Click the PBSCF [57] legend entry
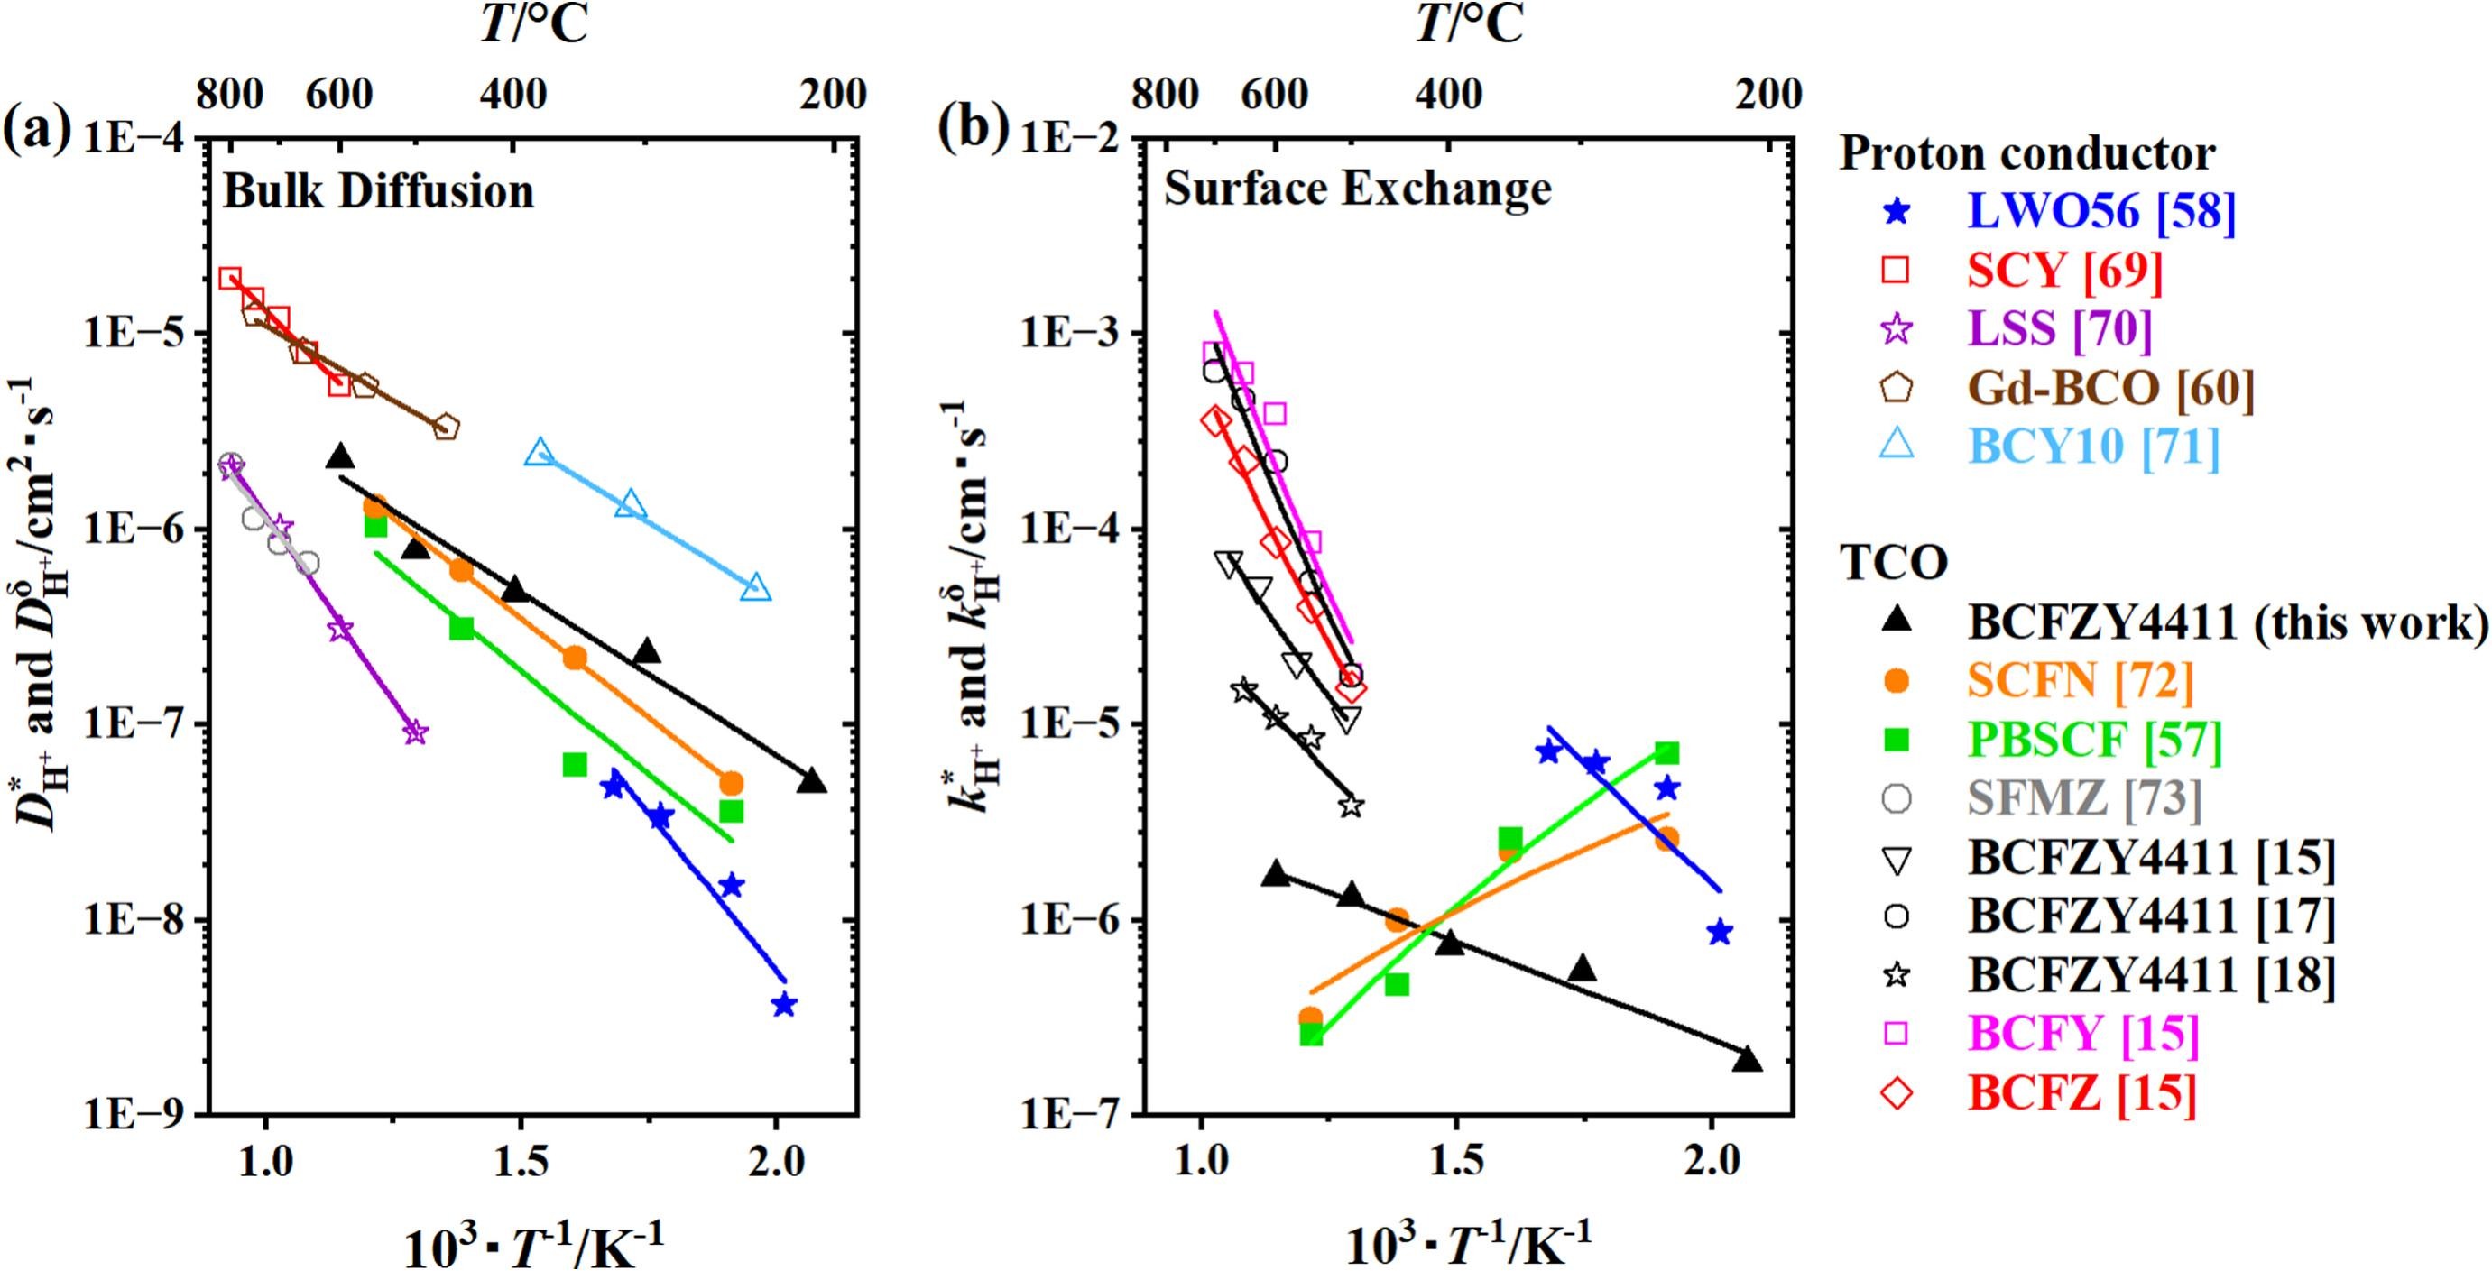click(2094, 740)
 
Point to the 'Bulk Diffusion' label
click(378, 191)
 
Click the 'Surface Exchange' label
click(1357, 189)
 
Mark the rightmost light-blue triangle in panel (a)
click(756, 588)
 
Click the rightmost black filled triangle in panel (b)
click(1747, 1059)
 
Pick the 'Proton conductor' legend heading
click(2026, 153)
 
